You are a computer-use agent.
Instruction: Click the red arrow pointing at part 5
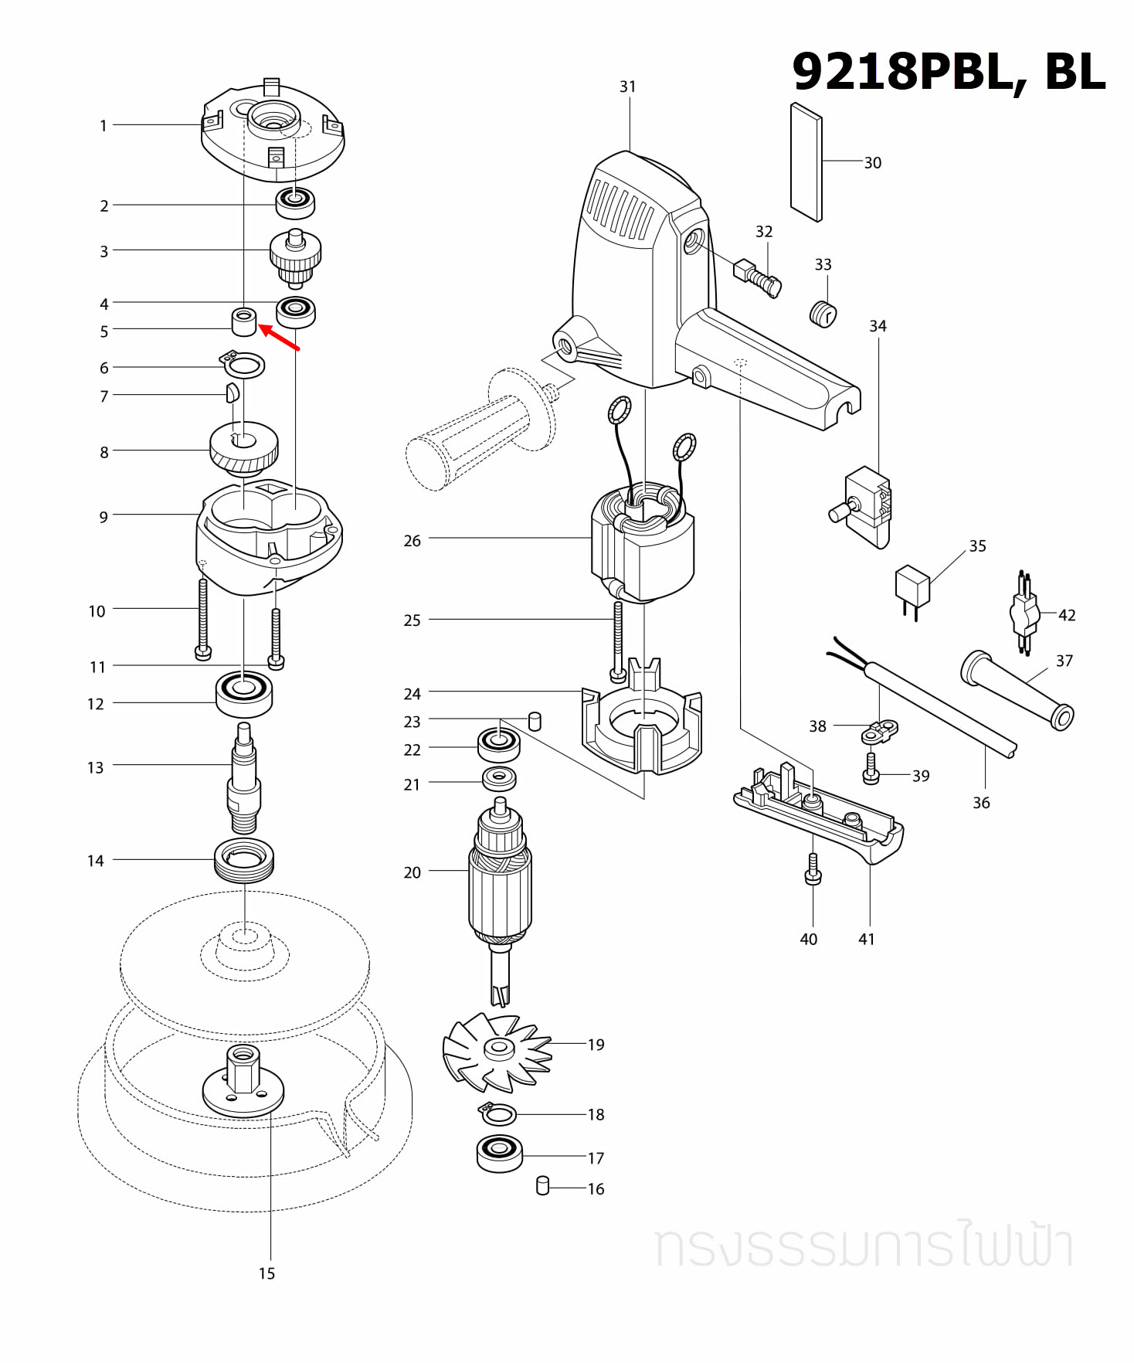279,338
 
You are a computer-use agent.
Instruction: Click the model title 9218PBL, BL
948,72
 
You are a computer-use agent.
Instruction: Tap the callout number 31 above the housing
627,87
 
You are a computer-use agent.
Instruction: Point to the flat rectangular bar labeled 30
806,162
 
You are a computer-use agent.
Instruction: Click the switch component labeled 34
867,506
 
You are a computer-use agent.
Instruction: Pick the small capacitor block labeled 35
912,585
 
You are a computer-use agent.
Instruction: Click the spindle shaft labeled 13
244,780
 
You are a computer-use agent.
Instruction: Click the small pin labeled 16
542,1185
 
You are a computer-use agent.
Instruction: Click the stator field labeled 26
643,545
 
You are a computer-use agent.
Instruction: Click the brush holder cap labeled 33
823,314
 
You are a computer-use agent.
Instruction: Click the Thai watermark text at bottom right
864,1245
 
